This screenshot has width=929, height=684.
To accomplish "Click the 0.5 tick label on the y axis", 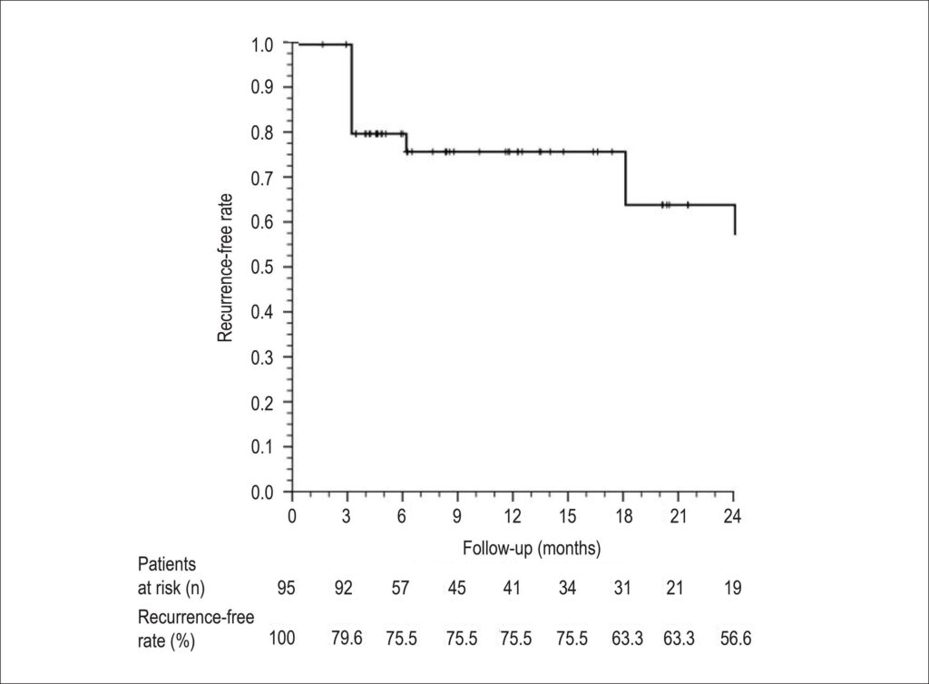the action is point(262,267).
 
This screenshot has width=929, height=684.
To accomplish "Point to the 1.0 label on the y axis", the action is point(262,44).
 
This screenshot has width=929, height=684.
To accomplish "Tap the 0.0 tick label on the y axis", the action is point(262,492).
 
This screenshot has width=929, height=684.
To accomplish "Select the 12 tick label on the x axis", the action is point(513,516).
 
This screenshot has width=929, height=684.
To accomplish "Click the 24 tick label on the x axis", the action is point(733,516).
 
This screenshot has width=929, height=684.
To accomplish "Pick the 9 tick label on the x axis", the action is point(457,516).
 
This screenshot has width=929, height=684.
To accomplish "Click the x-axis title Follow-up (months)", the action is point(532,549).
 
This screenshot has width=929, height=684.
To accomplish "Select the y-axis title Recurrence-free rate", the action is point(225,268).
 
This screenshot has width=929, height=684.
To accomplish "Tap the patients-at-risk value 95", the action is point(286,588).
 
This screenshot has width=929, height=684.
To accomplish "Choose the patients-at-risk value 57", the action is point(400,588).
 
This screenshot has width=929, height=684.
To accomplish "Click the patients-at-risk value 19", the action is point(733,588).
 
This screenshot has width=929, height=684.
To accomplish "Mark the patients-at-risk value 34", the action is point(567,588).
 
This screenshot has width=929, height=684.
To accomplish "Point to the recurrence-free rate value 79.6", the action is point(347,638).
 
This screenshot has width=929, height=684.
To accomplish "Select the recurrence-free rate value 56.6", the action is point(736,638).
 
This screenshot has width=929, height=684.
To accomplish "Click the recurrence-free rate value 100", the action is point(283,638).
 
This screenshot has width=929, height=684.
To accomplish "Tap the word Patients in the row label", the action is point(167,563).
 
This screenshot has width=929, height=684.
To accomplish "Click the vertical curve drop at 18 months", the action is point(626,178).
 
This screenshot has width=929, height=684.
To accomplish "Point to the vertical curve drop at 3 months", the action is point(351,89).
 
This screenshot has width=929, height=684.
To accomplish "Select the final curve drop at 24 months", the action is point(735,220).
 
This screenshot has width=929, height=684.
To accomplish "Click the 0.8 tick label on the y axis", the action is point(262,132).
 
